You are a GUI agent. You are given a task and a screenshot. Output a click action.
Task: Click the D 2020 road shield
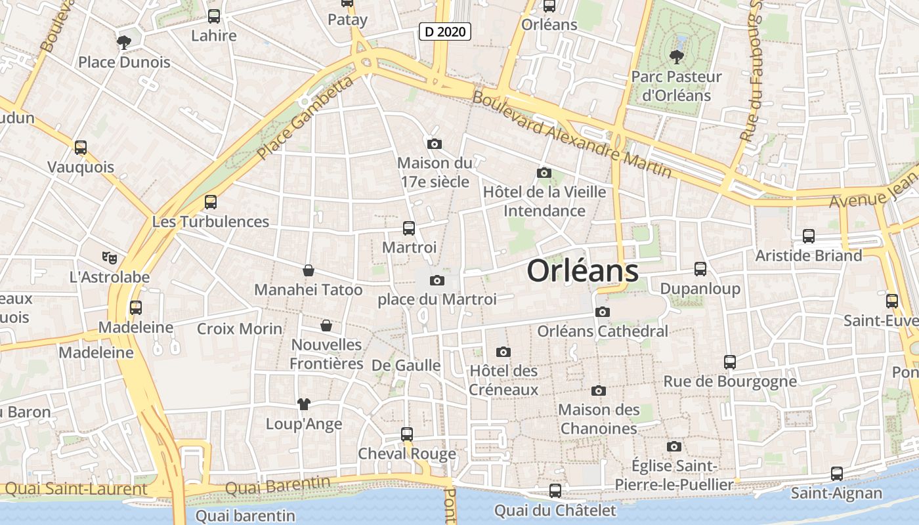coord(446,31)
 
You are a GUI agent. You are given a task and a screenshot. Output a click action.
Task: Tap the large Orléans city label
coord(582,270)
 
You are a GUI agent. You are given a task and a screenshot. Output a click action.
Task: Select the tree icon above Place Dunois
coord(123,43)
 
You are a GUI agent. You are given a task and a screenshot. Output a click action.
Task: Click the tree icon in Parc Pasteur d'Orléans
coord(675,57)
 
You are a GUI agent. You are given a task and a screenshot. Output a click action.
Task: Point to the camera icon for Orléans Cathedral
coord(602,312)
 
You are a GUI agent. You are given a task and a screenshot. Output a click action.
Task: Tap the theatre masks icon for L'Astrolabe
coord(109,258)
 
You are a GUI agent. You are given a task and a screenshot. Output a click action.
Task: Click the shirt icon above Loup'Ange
coord(303,404)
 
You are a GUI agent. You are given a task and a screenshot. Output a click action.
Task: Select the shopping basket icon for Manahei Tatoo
coord(308,270)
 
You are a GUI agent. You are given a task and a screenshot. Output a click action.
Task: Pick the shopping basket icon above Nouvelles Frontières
coord(326,325)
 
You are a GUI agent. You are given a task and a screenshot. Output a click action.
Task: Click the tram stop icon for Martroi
coord(408,228)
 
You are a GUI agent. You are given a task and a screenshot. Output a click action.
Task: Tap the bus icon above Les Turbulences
coord(210,202)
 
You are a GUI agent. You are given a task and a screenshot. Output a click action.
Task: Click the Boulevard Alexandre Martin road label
coord(572,135)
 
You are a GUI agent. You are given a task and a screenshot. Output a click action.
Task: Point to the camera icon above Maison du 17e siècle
coord(434,144)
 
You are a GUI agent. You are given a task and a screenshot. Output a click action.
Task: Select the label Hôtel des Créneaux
coord(503,380)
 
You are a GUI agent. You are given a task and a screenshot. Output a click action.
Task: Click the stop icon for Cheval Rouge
coord(407,434)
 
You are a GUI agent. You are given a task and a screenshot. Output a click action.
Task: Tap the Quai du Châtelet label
coord(555,511)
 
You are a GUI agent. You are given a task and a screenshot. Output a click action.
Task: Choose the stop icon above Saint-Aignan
coord(836,474)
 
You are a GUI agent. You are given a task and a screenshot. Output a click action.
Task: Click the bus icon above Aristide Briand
coord(808,236)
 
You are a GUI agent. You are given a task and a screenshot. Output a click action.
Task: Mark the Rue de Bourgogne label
coord(730,381)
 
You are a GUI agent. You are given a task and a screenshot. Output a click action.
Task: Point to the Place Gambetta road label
coord(306,118)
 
